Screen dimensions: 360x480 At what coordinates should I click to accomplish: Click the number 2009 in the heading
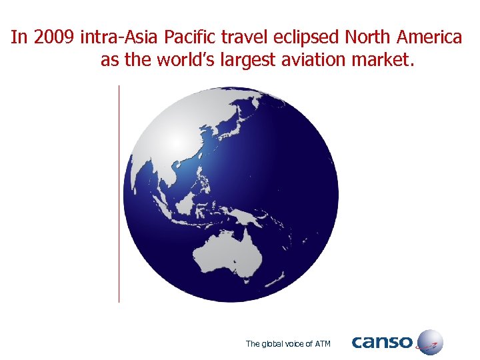pyautogui.click(x=54, y=37)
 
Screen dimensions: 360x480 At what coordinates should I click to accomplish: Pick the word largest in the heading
pyautogui.click(x=257, y=61)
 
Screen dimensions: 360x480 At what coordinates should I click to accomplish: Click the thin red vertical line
pyautogui.click(x=119, y=193)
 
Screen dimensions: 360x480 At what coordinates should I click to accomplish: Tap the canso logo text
pyautogui.click(x=382, y=343)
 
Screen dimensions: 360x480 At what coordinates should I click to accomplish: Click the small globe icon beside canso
pyautogui.click(x=430, y=342)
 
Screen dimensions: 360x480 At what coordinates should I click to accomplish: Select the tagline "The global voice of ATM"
pyautogui.click(x=288, y=344)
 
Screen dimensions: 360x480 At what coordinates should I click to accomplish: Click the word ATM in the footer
pyautogui.click(x=322, y=344)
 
